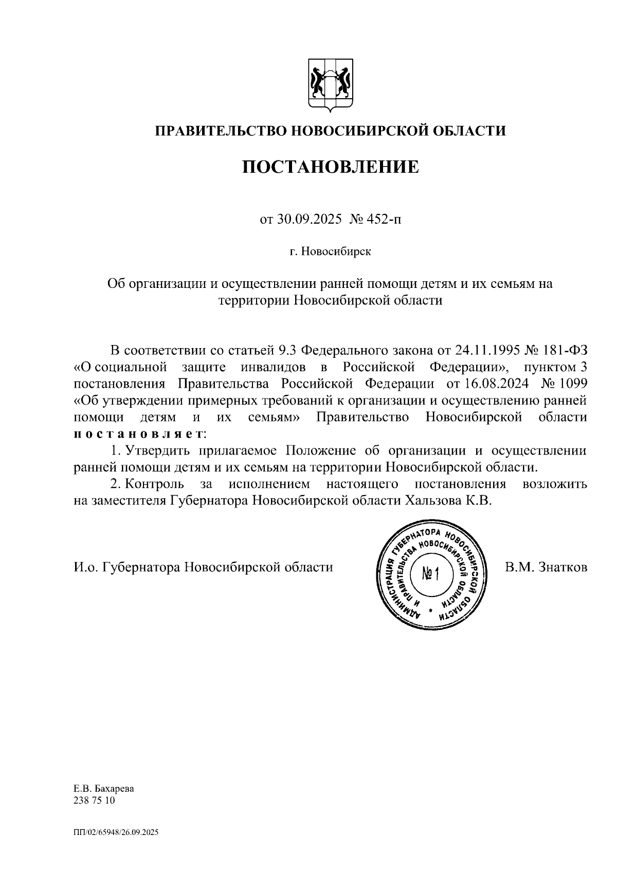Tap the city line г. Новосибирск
click(x=330, y=252)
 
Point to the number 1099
click(x=571, y=384)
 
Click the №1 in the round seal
click(x=429, y=574)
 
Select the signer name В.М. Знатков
click(x=546, y=567)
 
